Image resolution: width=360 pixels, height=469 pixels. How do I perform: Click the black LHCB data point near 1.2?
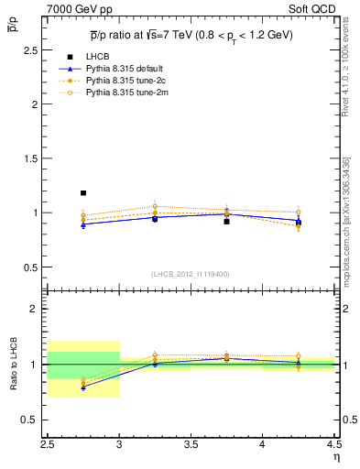(83, 193)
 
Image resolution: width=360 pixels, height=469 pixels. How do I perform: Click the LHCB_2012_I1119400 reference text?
(191, 274)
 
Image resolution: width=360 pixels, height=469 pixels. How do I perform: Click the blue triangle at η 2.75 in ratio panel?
(83, 387)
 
